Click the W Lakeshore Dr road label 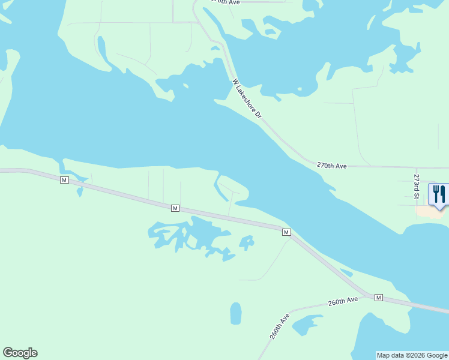tap(247, 98)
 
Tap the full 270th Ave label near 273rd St tap(332, 165)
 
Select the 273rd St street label tap(416, 185)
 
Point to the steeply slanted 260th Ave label tap(279, 326)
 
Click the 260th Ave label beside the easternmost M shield tap(343, 301)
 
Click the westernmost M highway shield tap(65, 180)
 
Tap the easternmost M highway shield tap(378, 298)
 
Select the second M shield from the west tap(175, 208)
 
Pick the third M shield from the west tap(286, 232)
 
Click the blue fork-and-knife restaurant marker tap(438, 194)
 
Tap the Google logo tap(20, 353)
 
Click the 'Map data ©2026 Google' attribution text tap(412, 355)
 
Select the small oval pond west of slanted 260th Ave tap(236, 313)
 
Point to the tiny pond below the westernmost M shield tap(79, 191)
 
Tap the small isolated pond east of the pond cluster tap(247, 242)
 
